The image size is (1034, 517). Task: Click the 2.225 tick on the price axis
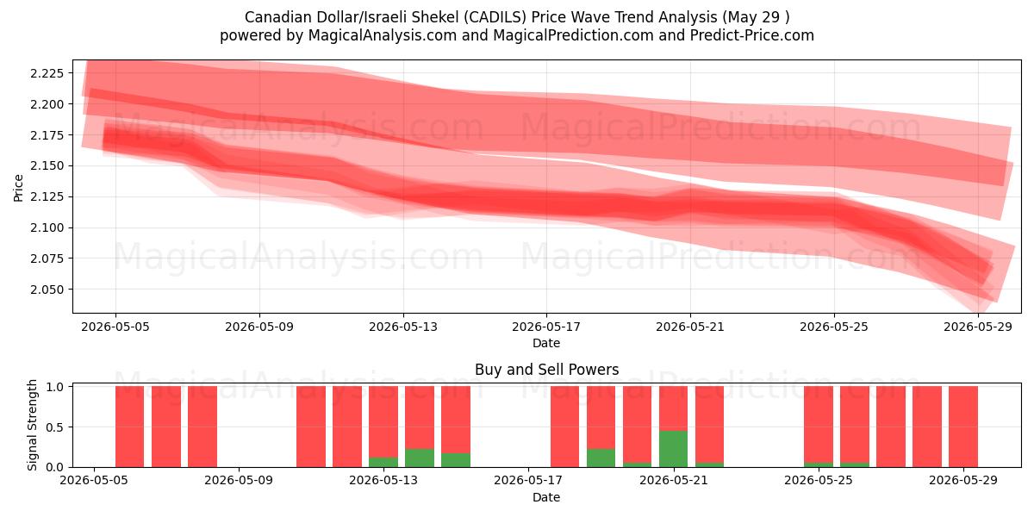(x=47, y=73)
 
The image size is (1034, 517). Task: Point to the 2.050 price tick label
(x=47, y=290)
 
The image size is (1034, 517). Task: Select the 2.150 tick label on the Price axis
(x=47, y=165)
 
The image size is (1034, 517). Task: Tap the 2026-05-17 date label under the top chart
(x=546, y=327)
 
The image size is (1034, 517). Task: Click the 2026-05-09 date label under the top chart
(x=259, y=327)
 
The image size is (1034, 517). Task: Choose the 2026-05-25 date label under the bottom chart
(x=819, y=481)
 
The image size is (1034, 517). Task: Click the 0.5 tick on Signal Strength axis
(x=55, y=427)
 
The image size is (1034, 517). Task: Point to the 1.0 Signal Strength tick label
(x=55, y=387)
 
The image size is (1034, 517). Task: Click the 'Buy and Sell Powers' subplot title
(x=546, y=370)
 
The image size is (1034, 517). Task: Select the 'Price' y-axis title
(x=18, y=188)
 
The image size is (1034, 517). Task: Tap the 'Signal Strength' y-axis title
(x=32, y=425)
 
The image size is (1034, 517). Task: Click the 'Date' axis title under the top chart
(x=546, y=344)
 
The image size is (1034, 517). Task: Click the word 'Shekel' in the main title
(x=435, y=17)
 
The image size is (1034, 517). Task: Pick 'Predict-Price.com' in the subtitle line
(x=752, y=35)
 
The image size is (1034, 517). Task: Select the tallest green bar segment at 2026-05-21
(x=673, y=449)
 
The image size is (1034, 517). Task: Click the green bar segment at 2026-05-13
(x=383, y=462)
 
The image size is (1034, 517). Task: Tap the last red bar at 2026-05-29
(x=963, y=427)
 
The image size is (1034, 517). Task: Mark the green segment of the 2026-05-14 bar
(x=419, y=458)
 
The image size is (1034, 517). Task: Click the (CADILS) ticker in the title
(x=495, y=17)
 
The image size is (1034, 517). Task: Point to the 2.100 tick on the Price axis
(x=47, y=227)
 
